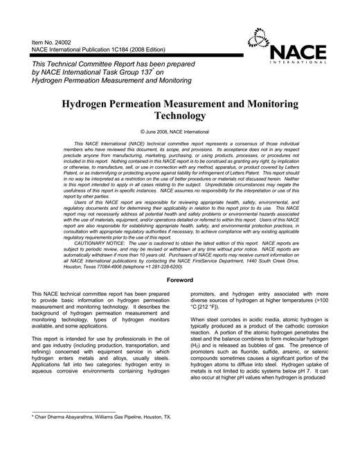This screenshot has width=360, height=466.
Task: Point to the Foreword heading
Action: pos(180,280)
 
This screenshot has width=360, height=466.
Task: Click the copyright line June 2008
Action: pos(180,131)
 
